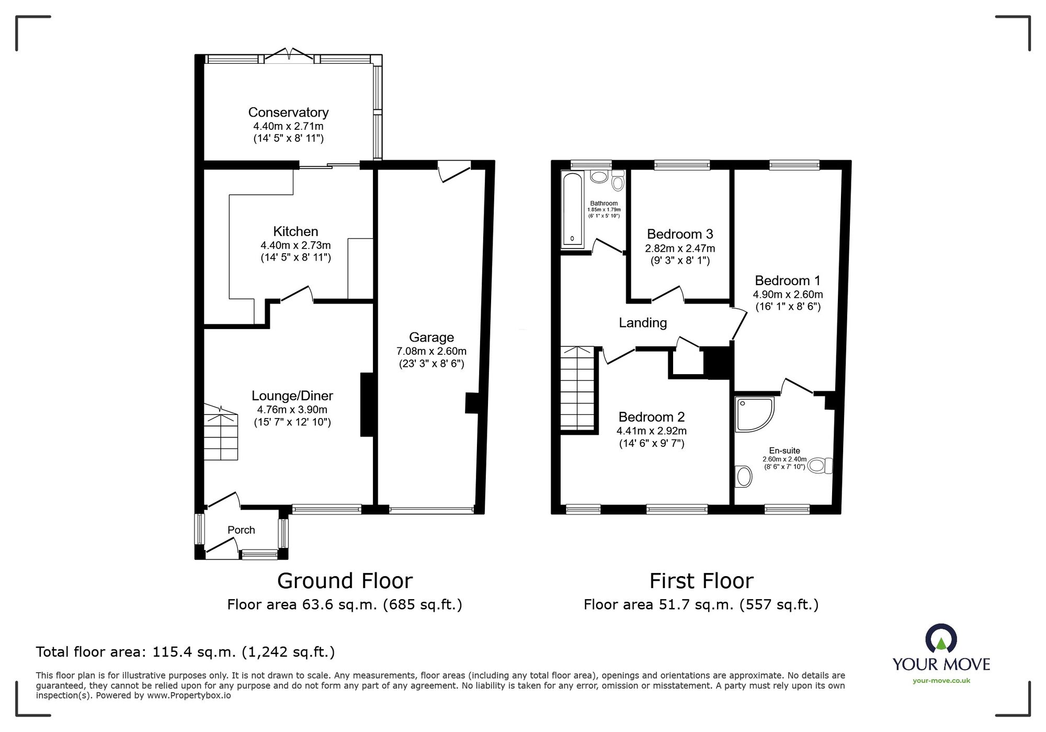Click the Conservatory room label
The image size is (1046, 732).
288,112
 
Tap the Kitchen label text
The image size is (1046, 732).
295,231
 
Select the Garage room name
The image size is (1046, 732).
431,337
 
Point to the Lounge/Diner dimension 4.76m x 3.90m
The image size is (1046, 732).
292,410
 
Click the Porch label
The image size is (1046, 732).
241,530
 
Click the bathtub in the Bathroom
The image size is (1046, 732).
572,209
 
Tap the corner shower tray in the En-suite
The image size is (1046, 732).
754,414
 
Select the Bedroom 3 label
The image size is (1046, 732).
680,234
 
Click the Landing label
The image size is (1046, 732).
643,323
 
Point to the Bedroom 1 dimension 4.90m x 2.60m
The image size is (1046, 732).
788,295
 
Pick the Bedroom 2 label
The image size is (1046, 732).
651,417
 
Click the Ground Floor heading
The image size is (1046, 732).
345,581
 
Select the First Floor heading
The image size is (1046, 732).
701,581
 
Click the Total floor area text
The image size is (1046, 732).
185,652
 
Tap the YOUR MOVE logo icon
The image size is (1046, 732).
941,638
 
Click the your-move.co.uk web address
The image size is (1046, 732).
941,681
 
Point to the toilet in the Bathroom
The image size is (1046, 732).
618,180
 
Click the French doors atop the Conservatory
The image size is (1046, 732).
288,54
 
